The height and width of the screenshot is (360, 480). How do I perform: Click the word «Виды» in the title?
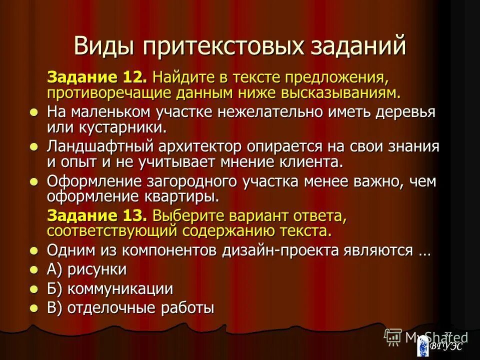tap(104, 46)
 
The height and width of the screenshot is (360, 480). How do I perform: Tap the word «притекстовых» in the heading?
tap(221, 46)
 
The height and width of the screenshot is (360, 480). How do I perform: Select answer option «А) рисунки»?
tap(87, 269)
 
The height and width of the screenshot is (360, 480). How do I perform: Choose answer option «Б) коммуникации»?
tap(110, 289)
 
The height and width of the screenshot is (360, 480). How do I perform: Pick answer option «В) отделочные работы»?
tap(130, 308)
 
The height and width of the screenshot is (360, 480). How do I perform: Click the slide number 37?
tap(448, 334)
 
